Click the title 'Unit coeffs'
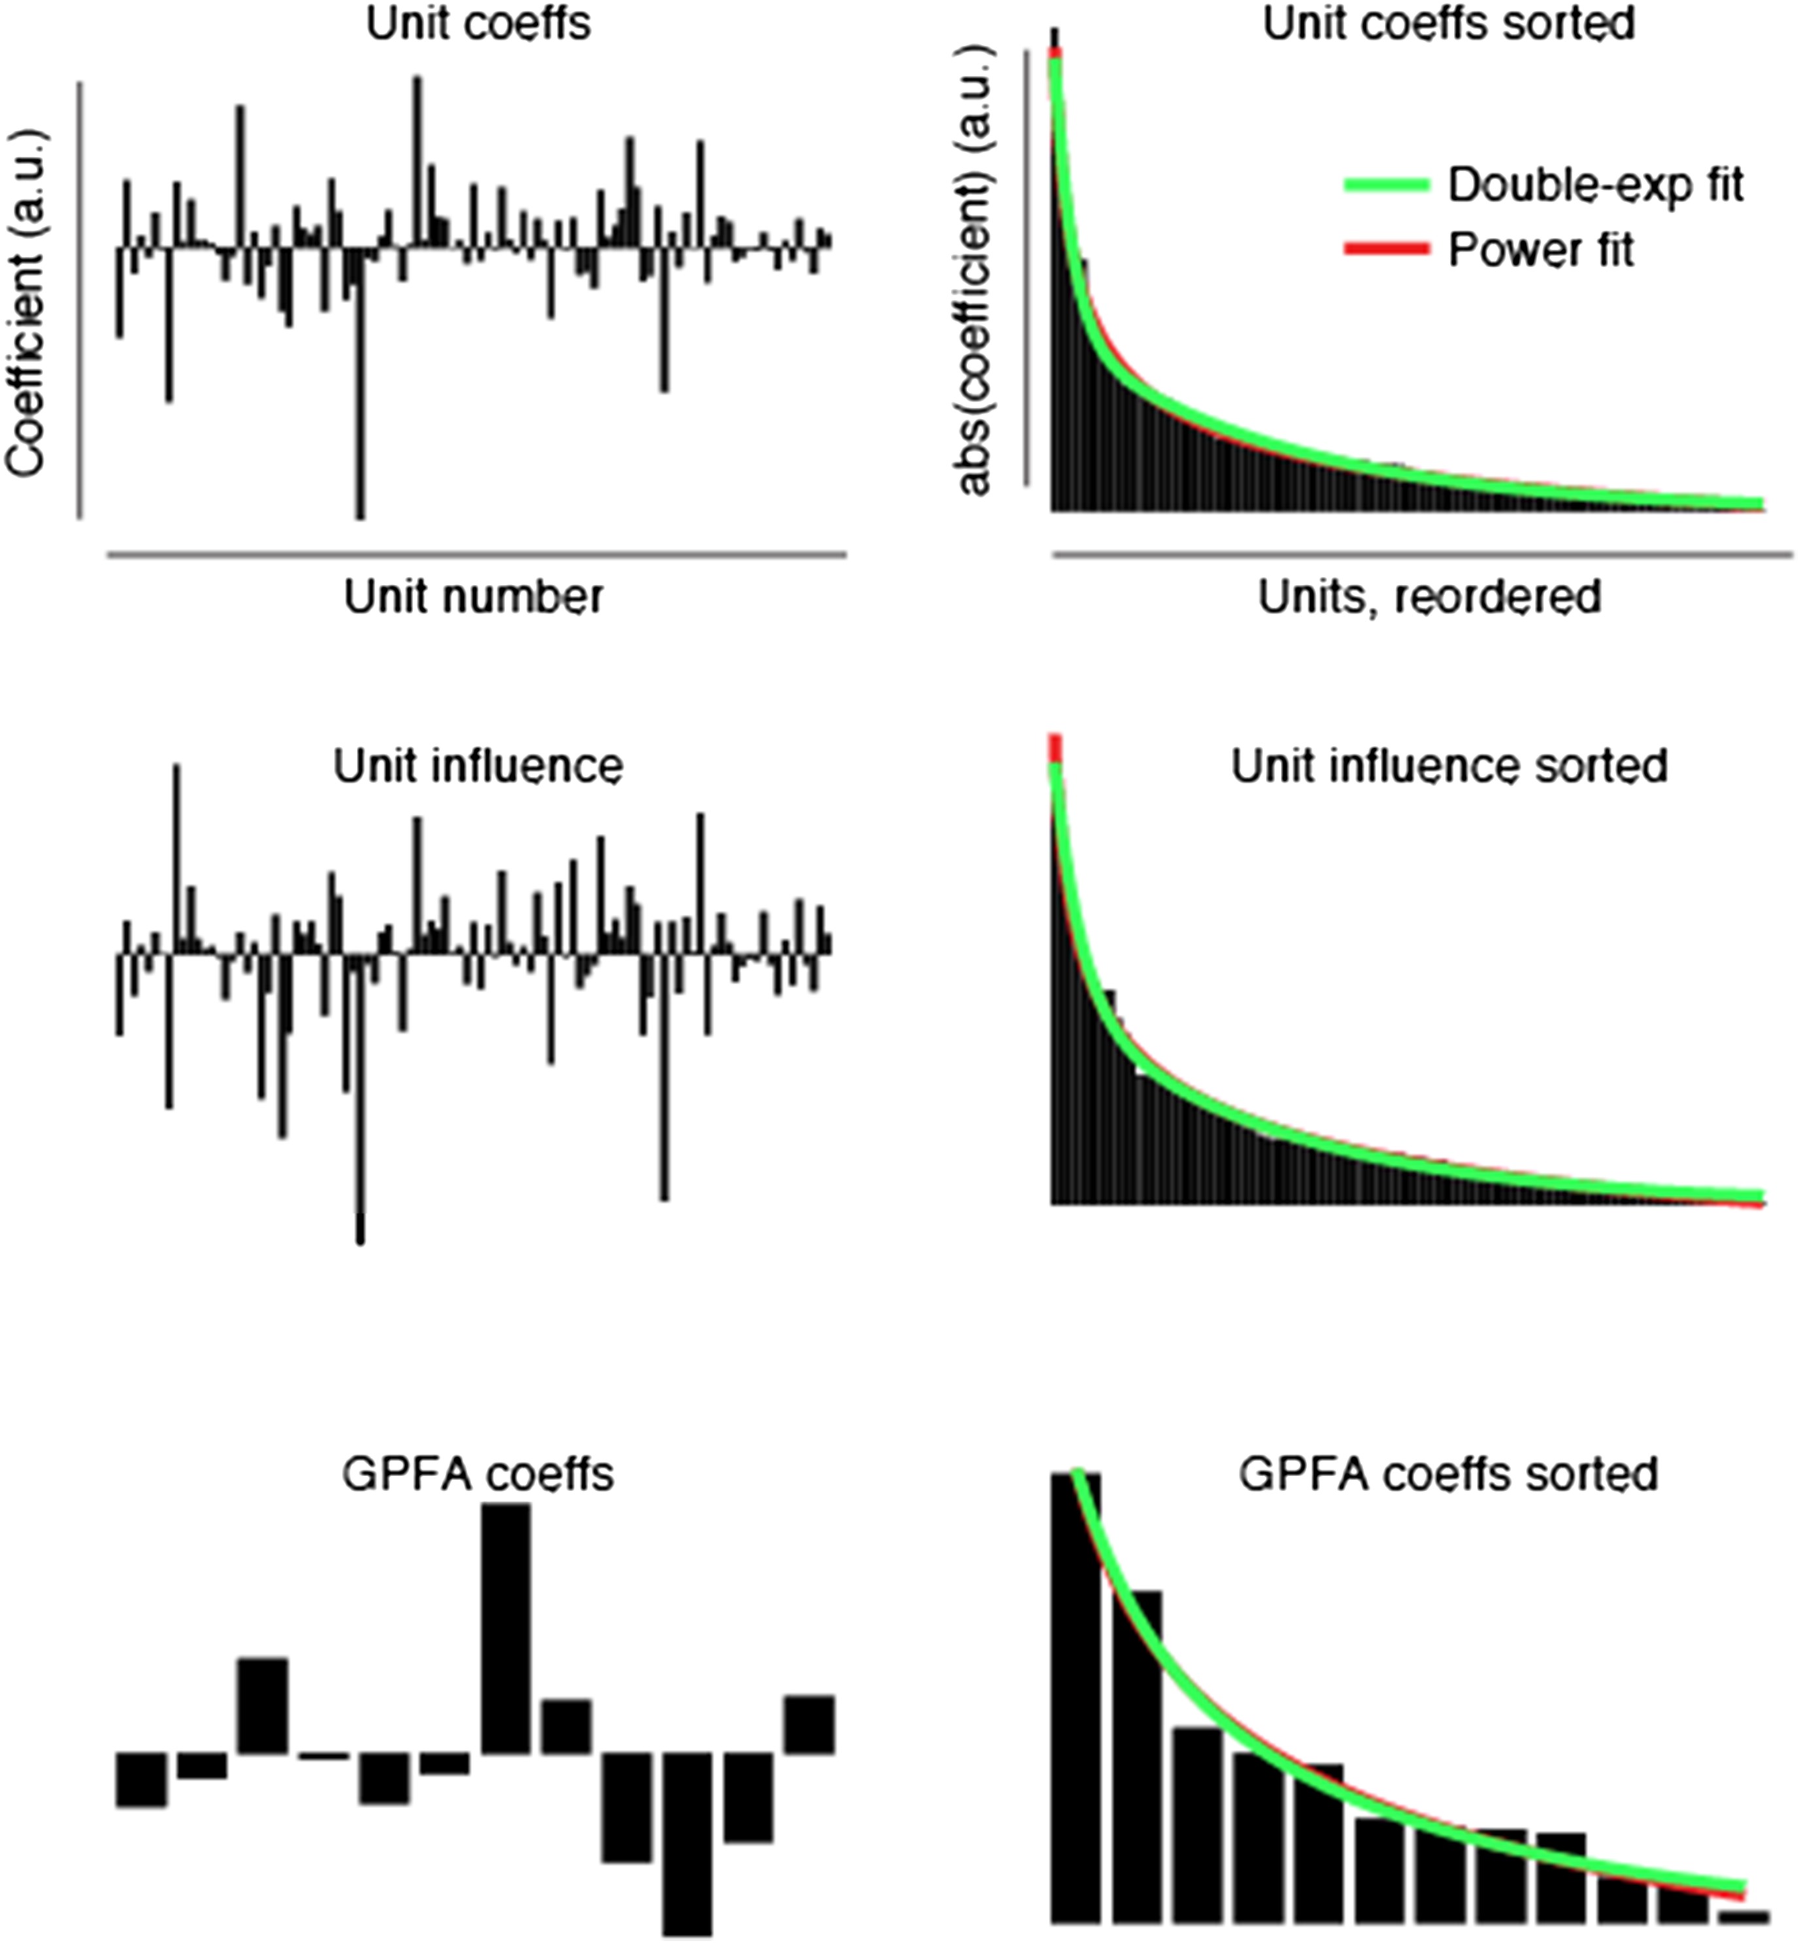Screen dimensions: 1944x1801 coord(478,24)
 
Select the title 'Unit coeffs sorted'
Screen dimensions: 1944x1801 coord(1448,24)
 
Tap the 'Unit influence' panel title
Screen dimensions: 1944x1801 coord(478,767)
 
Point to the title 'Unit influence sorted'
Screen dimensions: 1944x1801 coord(1448,767)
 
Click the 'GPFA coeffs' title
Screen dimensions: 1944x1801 coord(478,1474)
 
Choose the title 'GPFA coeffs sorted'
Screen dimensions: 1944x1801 coord(1448,1474)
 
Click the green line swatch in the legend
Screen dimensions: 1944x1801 coord(1386,185)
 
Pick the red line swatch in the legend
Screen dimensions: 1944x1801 coord(1386,250)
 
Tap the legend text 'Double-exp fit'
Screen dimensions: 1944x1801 coord(1594,185)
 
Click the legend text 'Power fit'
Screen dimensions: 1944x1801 coord(1540,250)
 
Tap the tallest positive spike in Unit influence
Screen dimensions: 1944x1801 coord(176,857)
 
